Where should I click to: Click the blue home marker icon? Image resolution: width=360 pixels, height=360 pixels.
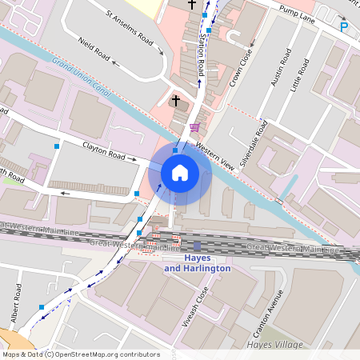(180, 172)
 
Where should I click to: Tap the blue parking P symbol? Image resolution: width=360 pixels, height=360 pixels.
(345, 26)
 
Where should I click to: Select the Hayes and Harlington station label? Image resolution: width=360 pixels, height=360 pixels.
(197, 263)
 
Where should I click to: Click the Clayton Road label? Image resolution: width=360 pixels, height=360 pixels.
(105, 150)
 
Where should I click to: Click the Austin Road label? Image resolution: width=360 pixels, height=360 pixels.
(279, 69)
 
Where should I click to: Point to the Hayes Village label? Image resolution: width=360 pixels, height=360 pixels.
(277, 344)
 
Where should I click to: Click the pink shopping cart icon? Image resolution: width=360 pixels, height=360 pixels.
(194, 126)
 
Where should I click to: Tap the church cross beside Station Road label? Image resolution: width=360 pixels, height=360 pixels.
(191, 6)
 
